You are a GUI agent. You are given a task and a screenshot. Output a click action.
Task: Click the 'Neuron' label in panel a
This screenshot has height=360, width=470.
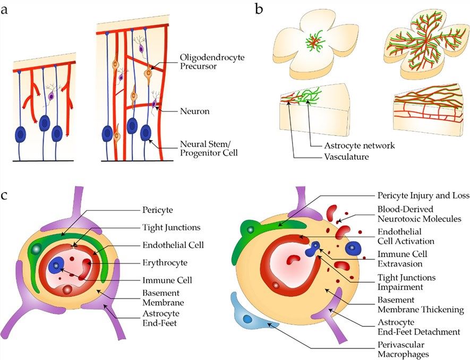tap(195, 112)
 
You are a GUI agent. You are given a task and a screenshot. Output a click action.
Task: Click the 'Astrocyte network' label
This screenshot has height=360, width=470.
tap(352, 145)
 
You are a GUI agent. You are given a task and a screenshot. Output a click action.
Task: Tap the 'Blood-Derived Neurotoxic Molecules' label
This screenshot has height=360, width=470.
tap(415, 213)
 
